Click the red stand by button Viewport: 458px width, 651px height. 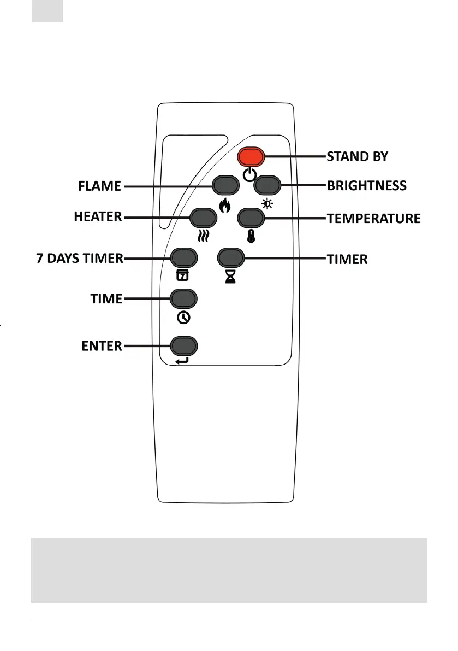[x=251, y=157]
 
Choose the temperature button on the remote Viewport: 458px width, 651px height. [x=251, y=218]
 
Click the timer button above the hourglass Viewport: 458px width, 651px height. [x=231, y=256]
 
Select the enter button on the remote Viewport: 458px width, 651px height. [x=183, y=345]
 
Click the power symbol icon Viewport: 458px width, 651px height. [x=249, y=175]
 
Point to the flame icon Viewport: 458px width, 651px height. [x=224, y=206]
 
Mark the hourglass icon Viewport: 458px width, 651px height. [x=230, y=276]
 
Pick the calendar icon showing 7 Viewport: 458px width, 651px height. [x=182, y=275]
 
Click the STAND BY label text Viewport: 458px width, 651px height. [x=358, y=157]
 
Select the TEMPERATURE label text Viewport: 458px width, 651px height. [x=374, y=219]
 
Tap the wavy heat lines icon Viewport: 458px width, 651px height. [x=203, y=236]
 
